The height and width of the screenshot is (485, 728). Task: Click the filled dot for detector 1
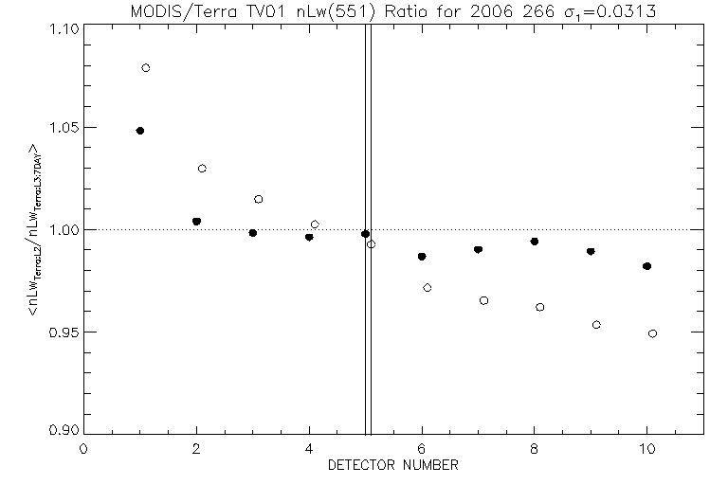tap(140, 131)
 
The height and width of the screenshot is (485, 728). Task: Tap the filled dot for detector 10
tap(646, 266)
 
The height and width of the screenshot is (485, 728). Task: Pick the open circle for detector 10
tap(652, 333)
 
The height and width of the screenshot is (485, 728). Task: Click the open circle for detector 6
tap(428, 287)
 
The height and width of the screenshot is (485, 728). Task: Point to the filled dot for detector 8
tap(535, 242)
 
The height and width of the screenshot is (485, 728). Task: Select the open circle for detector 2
tap(202, 169)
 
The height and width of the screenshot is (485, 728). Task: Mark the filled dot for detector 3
tap(253, 233)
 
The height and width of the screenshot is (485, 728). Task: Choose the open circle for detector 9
tap(596, 325)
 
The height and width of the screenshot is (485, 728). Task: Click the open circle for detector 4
tap(315, 225)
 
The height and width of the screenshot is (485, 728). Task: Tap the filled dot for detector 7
tap(478, 250)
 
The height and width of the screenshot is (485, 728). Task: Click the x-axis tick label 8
tap(535, 450)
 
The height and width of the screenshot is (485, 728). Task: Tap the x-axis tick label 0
tap(84, 450)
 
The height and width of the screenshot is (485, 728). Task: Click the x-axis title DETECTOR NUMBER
tap(393, 466)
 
